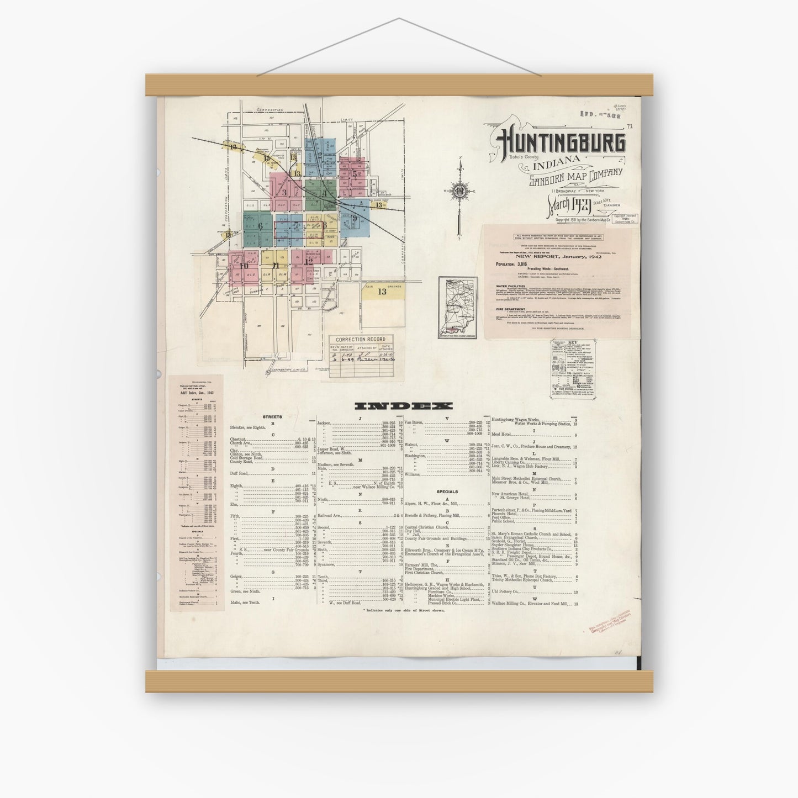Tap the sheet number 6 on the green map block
[259, 225]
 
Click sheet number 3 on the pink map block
[284, 193]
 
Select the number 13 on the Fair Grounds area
[382, 292]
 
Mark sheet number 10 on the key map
[243, 265]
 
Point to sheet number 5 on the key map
[354, 173]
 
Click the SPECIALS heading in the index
[447, 492]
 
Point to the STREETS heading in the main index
[272, 417]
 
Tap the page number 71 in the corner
[630, 126]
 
